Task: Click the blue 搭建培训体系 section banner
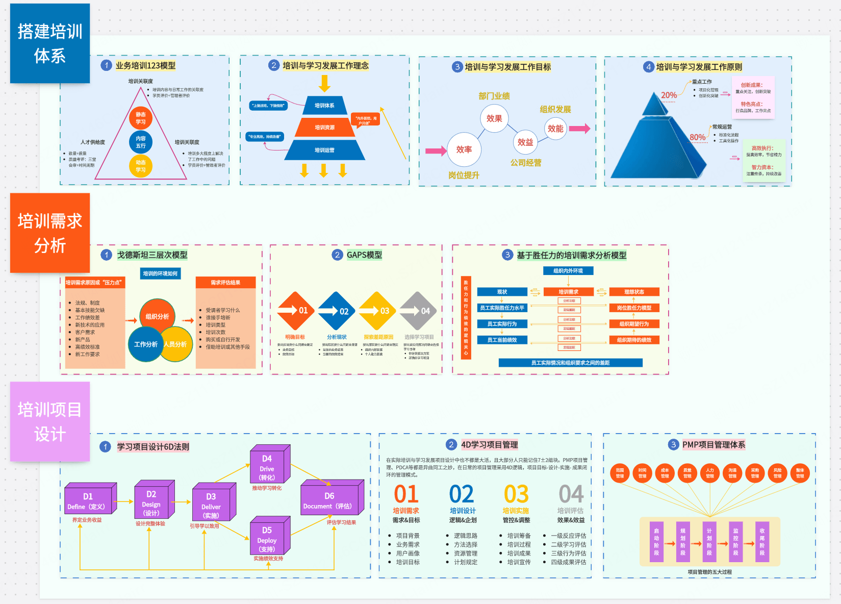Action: pyautogui.click(x=50, y=43)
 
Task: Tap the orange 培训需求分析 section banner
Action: pyautogui.click(x=50, y=233)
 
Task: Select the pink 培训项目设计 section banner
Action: pyautogui.click(x=50, y=421)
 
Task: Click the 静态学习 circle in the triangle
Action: pyautogui.click(x=141, y=118)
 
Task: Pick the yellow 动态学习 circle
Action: pyautogui.click(x=141, y=166)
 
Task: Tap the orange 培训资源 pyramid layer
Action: pyautogui.click(x=324, y=128)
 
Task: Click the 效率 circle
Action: pyautogui.click(x=464, y=149)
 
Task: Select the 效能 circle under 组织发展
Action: pyautogui.click(x=555, y=129)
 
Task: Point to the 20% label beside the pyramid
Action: pyautogui.click(x=669, y=95)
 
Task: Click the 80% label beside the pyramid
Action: pyautogui.click(x=697, y=137)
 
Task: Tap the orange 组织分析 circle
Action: pyautogui.click(x=157, y=317)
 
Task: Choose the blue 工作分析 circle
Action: pyautogui.click(x=145, y=344)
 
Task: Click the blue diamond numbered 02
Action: pyautogui.click(x=337, y=311)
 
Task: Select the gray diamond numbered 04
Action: pyautogui.click(x=418, y=311)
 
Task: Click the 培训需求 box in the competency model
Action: pyautogui.click(x=568, y=292)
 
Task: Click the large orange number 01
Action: pyautogui.click(x=406, y=494)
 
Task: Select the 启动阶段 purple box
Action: pyautogui.click(x=656, y=542)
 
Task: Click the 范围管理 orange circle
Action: pyautogui.click(x=620, y=473)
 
